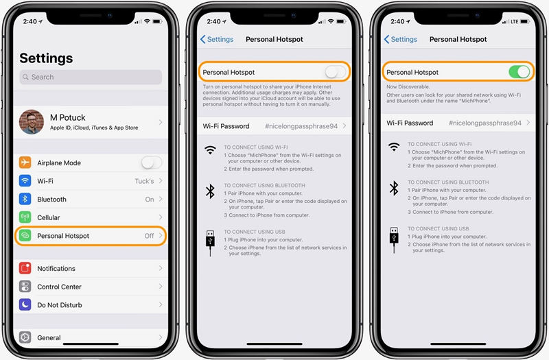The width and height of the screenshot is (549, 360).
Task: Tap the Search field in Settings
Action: (91, 77)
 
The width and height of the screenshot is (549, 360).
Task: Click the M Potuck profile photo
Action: (32, 122)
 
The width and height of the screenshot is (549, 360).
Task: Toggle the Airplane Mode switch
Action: (151, 163)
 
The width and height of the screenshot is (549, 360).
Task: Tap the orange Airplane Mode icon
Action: (25, 163)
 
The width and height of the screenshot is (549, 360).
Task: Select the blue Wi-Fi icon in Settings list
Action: (25, 181)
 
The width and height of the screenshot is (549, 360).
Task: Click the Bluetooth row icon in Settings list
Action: (25, 200)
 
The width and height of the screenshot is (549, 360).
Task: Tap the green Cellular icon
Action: (25, 217)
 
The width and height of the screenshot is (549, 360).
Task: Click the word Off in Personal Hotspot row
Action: (149, 236)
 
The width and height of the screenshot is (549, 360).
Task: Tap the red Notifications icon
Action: (25, 269)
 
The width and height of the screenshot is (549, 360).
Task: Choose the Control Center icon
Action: (25, 287)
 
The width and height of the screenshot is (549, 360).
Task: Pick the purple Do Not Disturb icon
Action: (25, 305)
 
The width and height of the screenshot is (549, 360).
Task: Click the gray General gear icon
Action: (25, 337)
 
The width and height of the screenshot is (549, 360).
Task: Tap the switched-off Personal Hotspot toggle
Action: (335, 71)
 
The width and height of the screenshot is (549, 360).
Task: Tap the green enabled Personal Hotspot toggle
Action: (519, 72)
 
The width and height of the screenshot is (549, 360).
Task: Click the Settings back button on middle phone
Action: (217, 40)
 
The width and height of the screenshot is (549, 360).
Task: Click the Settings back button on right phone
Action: (401, 40)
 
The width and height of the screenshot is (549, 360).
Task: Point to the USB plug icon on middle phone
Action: (210, 242)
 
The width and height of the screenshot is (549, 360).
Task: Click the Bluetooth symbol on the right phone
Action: (394, 189)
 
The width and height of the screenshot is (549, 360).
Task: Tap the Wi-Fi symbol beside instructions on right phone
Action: (394, 147)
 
